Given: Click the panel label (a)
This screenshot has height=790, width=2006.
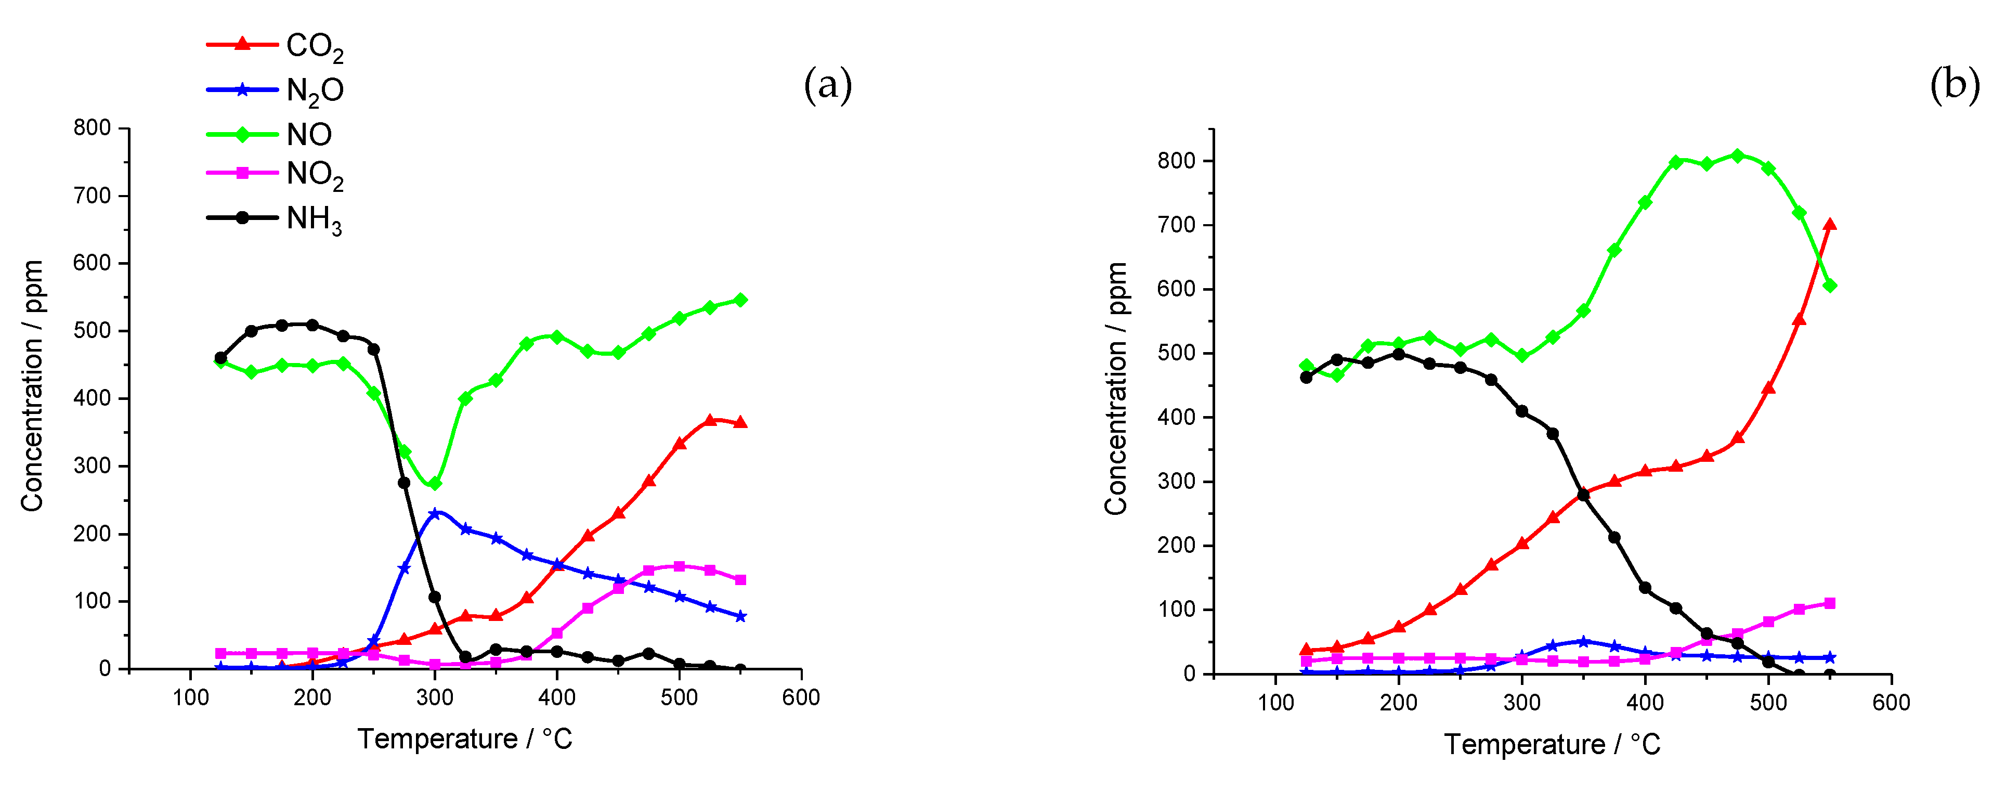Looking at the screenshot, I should (827, 84).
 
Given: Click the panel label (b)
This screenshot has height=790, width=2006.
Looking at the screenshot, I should (1954, 84).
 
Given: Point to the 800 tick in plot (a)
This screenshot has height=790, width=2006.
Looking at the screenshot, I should (92, 128).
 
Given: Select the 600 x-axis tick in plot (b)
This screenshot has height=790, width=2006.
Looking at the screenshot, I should (1891, 703).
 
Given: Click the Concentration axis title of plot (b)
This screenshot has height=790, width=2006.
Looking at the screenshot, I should (1115, 388).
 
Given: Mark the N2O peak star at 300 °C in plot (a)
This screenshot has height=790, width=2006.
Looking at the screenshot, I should (435, 513).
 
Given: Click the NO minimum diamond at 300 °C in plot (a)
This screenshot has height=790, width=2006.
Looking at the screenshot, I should (435, 484).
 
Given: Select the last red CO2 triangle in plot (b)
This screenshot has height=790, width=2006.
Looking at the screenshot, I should (1830, 224).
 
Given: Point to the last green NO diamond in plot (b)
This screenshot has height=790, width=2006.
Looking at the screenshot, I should (1830, 286).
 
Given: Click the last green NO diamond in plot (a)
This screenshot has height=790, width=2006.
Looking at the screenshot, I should (740, 300).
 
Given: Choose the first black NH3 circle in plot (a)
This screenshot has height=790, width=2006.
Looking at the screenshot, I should (220, 358).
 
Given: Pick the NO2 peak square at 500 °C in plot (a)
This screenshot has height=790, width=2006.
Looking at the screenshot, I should (679, 566).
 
